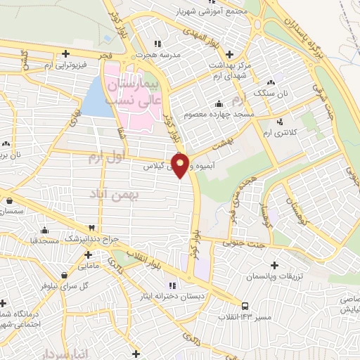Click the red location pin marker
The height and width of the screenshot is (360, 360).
tap(181, 165)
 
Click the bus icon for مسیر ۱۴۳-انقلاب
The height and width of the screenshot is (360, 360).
tap(245, 306)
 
